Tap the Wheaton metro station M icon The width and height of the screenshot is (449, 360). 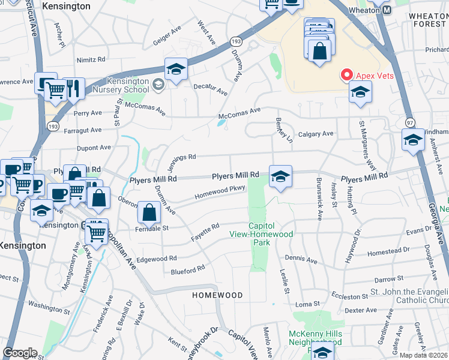point(387,10)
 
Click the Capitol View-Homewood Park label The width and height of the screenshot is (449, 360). point(261,238)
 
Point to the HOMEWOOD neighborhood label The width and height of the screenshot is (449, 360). point(217,295)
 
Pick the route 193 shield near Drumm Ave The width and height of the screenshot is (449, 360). point(235,41)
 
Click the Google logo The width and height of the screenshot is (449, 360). point(20,352)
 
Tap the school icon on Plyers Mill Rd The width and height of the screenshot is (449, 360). point(280,176)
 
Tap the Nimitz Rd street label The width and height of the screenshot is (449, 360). point(91,60)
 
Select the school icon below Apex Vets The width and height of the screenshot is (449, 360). point(360,92)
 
